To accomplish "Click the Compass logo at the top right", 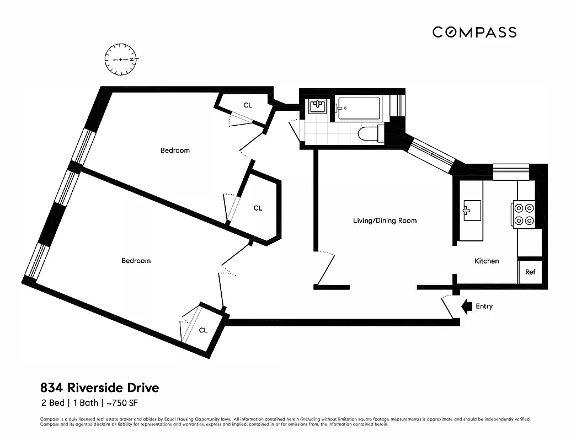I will [x=474, y=33].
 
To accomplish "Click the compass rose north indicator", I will [x=121, y=59].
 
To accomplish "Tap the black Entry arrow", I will [x=466, y=306].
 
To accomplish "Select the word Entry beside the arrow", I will [x=484, y=306].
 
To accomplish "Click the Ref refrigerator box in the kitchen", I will [x=530, y=272].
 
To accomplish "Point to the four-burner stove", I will [x=524, y=214].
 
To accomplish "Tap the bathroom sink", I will [x=317, y=106].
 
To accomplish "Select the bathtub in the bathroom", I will [x=359, y=107].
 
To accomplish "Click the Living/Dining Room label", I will [x=385, y=220].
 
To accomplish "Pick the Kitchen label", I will [x=487, y=261].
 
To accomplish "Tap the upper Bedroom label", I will [x=175, y=150].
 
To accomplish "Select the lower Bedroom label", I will [x=136, y=261].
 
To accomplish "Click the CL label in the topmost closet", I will [x=248, y=105].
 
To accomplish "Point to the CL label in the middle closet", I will [x=258, y=208].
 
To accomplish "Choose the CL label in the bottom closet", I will [x=203, y=330].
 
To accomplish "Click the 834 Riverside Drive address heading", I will [x=99, y=388].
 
